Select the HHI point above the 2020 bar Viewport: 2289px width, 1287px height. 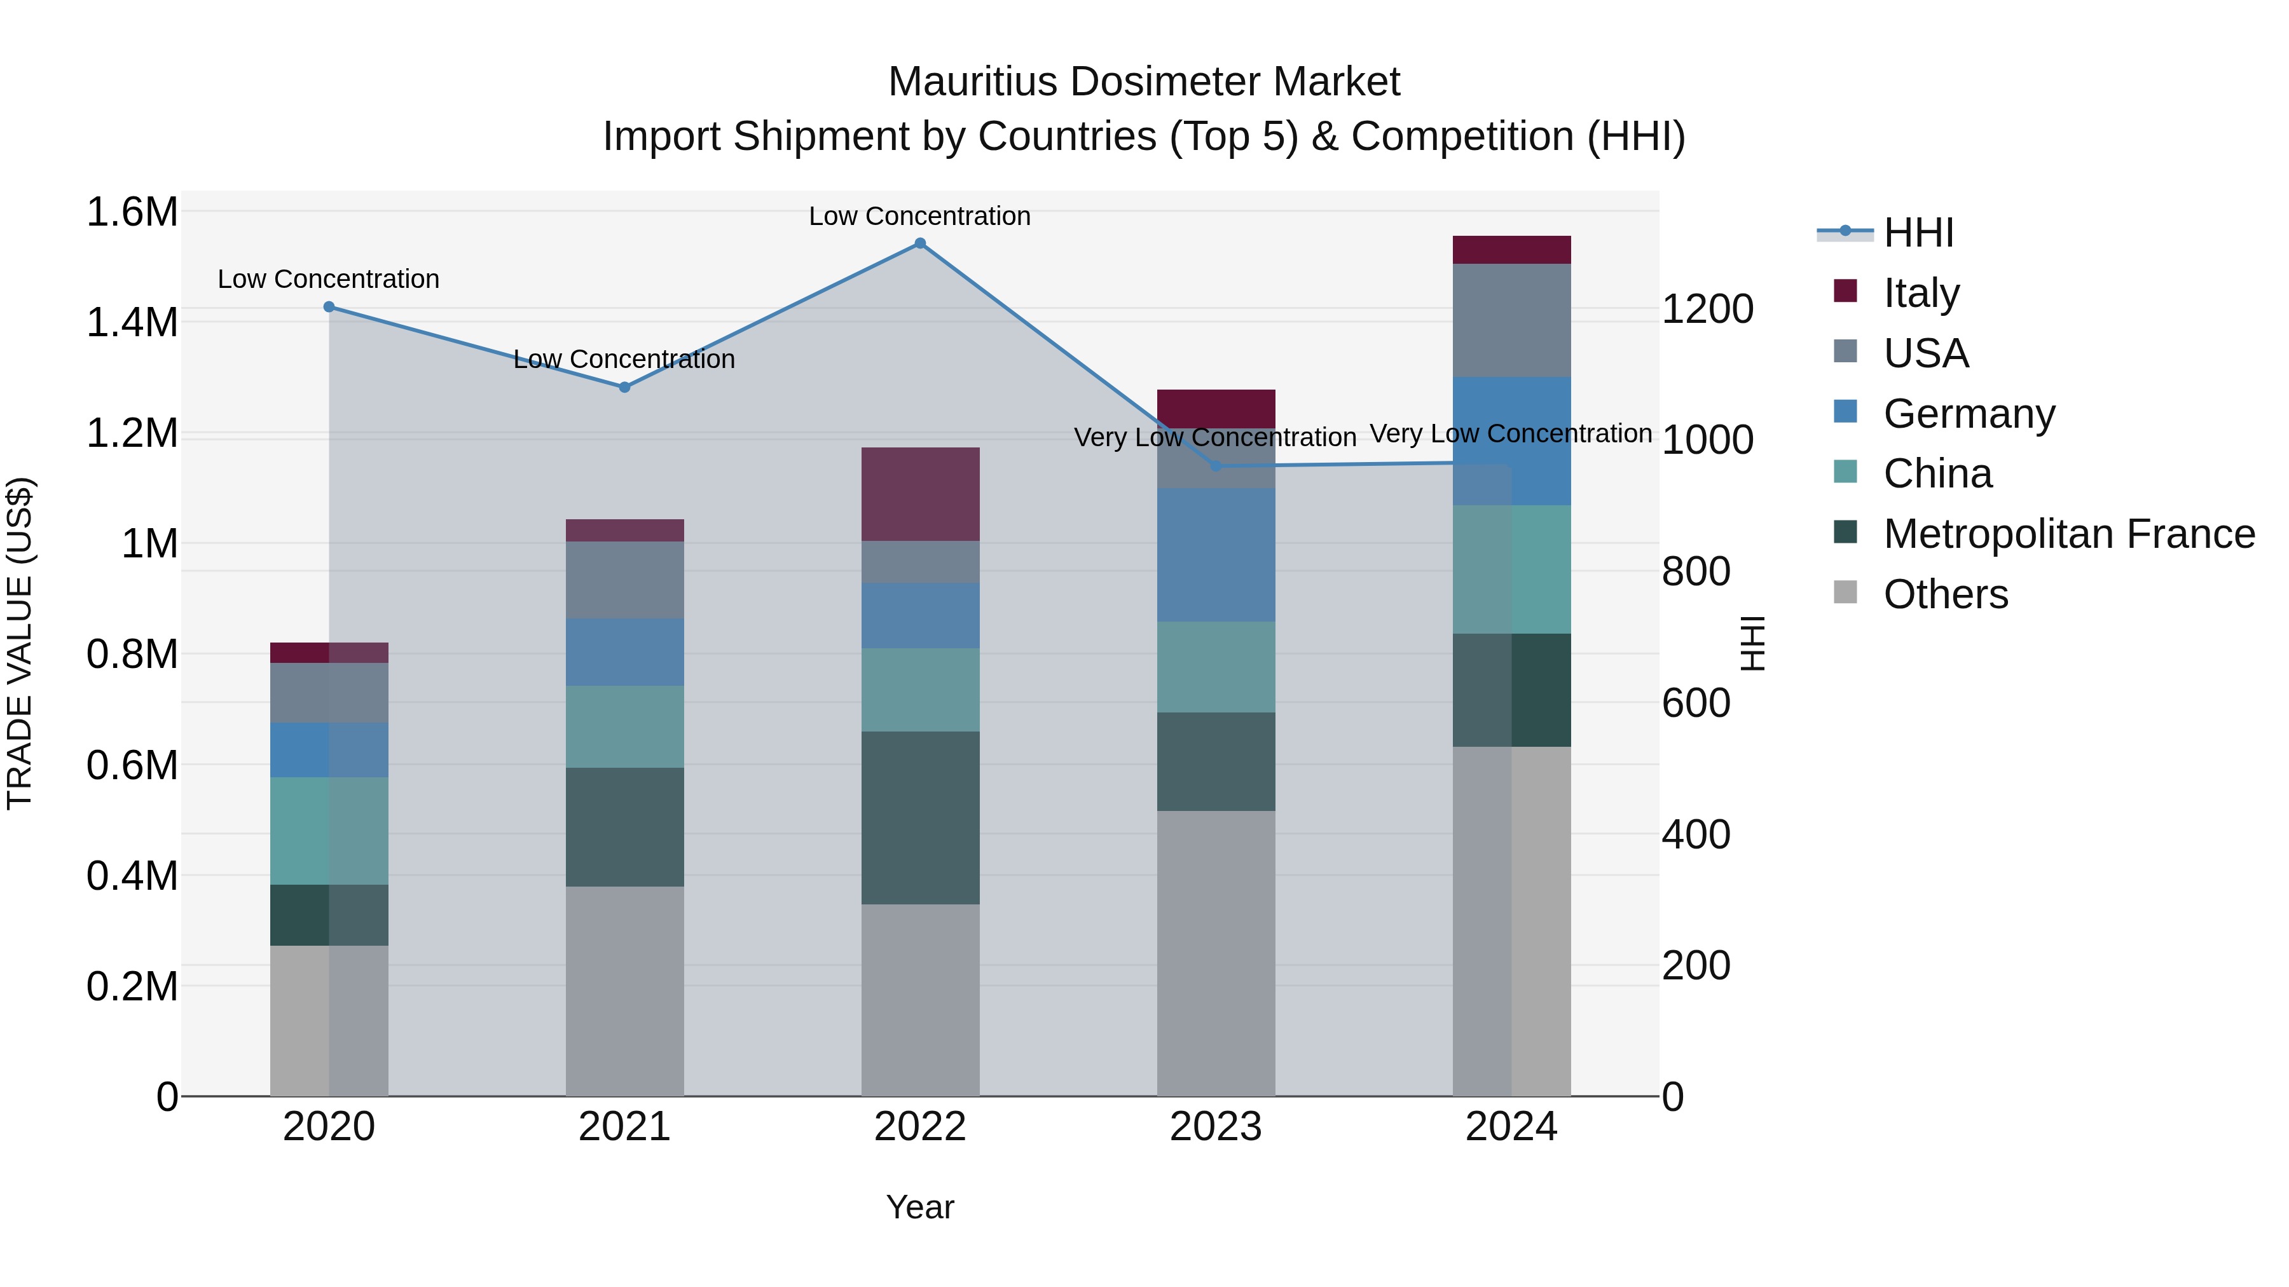coord(329,306)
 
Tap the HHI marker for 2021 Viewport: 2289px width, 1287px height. coord(624,387)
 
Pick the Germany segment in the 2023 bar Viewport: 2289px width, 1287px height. coord(1216,554)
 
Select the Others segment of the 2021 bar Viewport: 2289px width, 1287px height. coord(624,990)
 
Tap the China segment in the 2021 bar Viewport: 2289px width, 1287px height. coord(624,726)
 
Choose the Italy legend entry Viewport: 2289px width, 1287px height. coord(1920,293)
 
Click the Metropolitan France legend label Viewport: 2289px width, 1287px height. coord(2068,534)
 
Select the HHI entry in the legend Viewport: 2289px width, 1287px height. coord(1918,233)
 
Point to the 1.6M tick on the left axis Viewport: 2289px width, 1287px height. coord(132,212)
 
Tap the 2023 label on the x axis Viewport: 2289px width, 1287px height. coord(1216,1127)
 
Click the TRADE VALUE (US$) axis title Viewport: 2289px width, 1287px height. coord(20,643)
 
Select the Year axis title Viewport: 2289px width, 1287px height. coord(919,1207)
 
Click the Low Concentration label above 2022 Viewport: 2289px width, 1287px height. coord(919,216)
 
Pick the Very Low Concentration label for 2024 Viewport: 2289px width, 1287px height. coord(1511,433)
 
